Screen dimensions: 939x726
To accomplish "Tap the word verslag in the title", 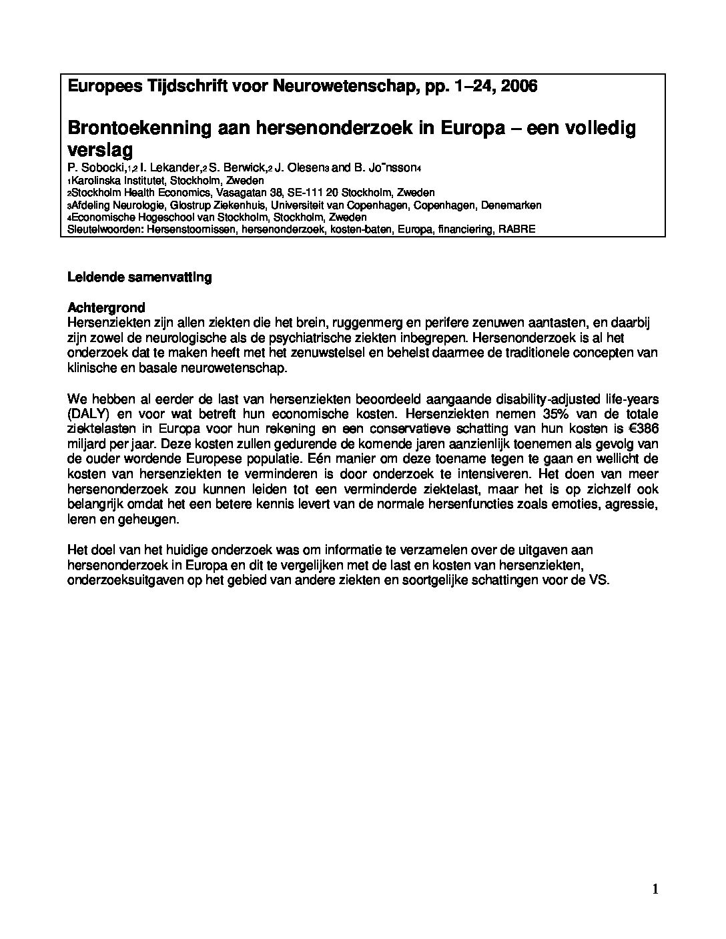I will tap(101, 149).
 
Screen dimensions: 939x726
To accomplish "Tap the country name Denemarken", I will tap(510, 205).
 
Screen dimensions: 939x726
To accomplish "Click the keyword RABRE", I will tap(519, 229).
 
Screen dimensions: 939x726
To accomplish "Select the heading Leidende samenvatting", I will tap(139, 277).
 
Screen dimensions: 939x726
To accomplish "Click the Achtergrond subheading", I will tap(106, 308).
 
